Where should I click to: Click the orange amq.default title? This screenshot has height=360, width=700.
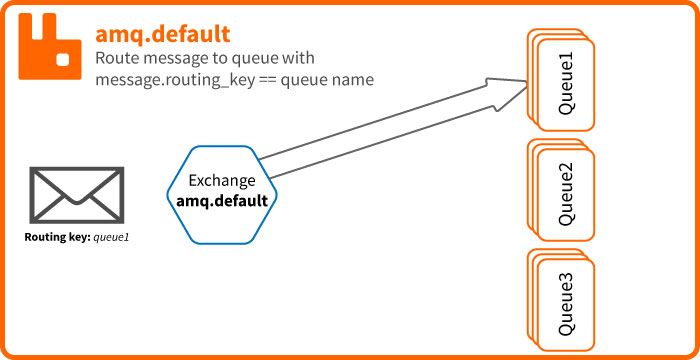point(163,34)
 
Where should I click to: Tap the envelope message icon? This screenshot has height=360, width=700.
point(77,194)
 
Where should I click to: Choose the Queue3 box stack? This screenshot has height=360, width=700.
point(561,297)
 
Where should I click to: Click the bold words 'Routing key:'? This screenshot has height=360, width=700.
point(57,238)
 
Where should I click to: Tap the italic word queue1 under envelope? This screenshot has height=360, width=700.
point(111,238)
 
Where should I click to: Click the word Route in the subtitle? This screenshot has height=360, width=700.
point(117,58)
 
